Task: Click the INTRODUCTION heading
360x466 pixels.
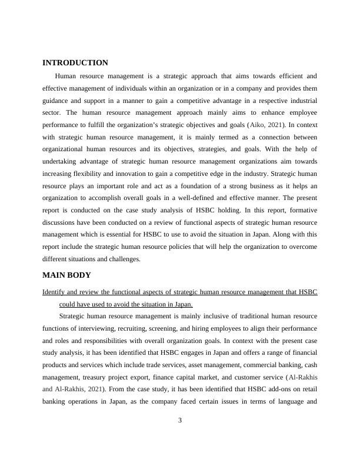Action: click(x=75, y=63)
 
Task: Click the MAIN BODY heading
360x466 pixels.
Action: click(x=66, y=275)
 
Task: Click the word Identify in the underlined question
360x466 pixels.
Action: click(x=55, y=292)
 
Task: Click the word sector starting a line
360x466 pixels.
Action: click(x=52, y=112)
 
